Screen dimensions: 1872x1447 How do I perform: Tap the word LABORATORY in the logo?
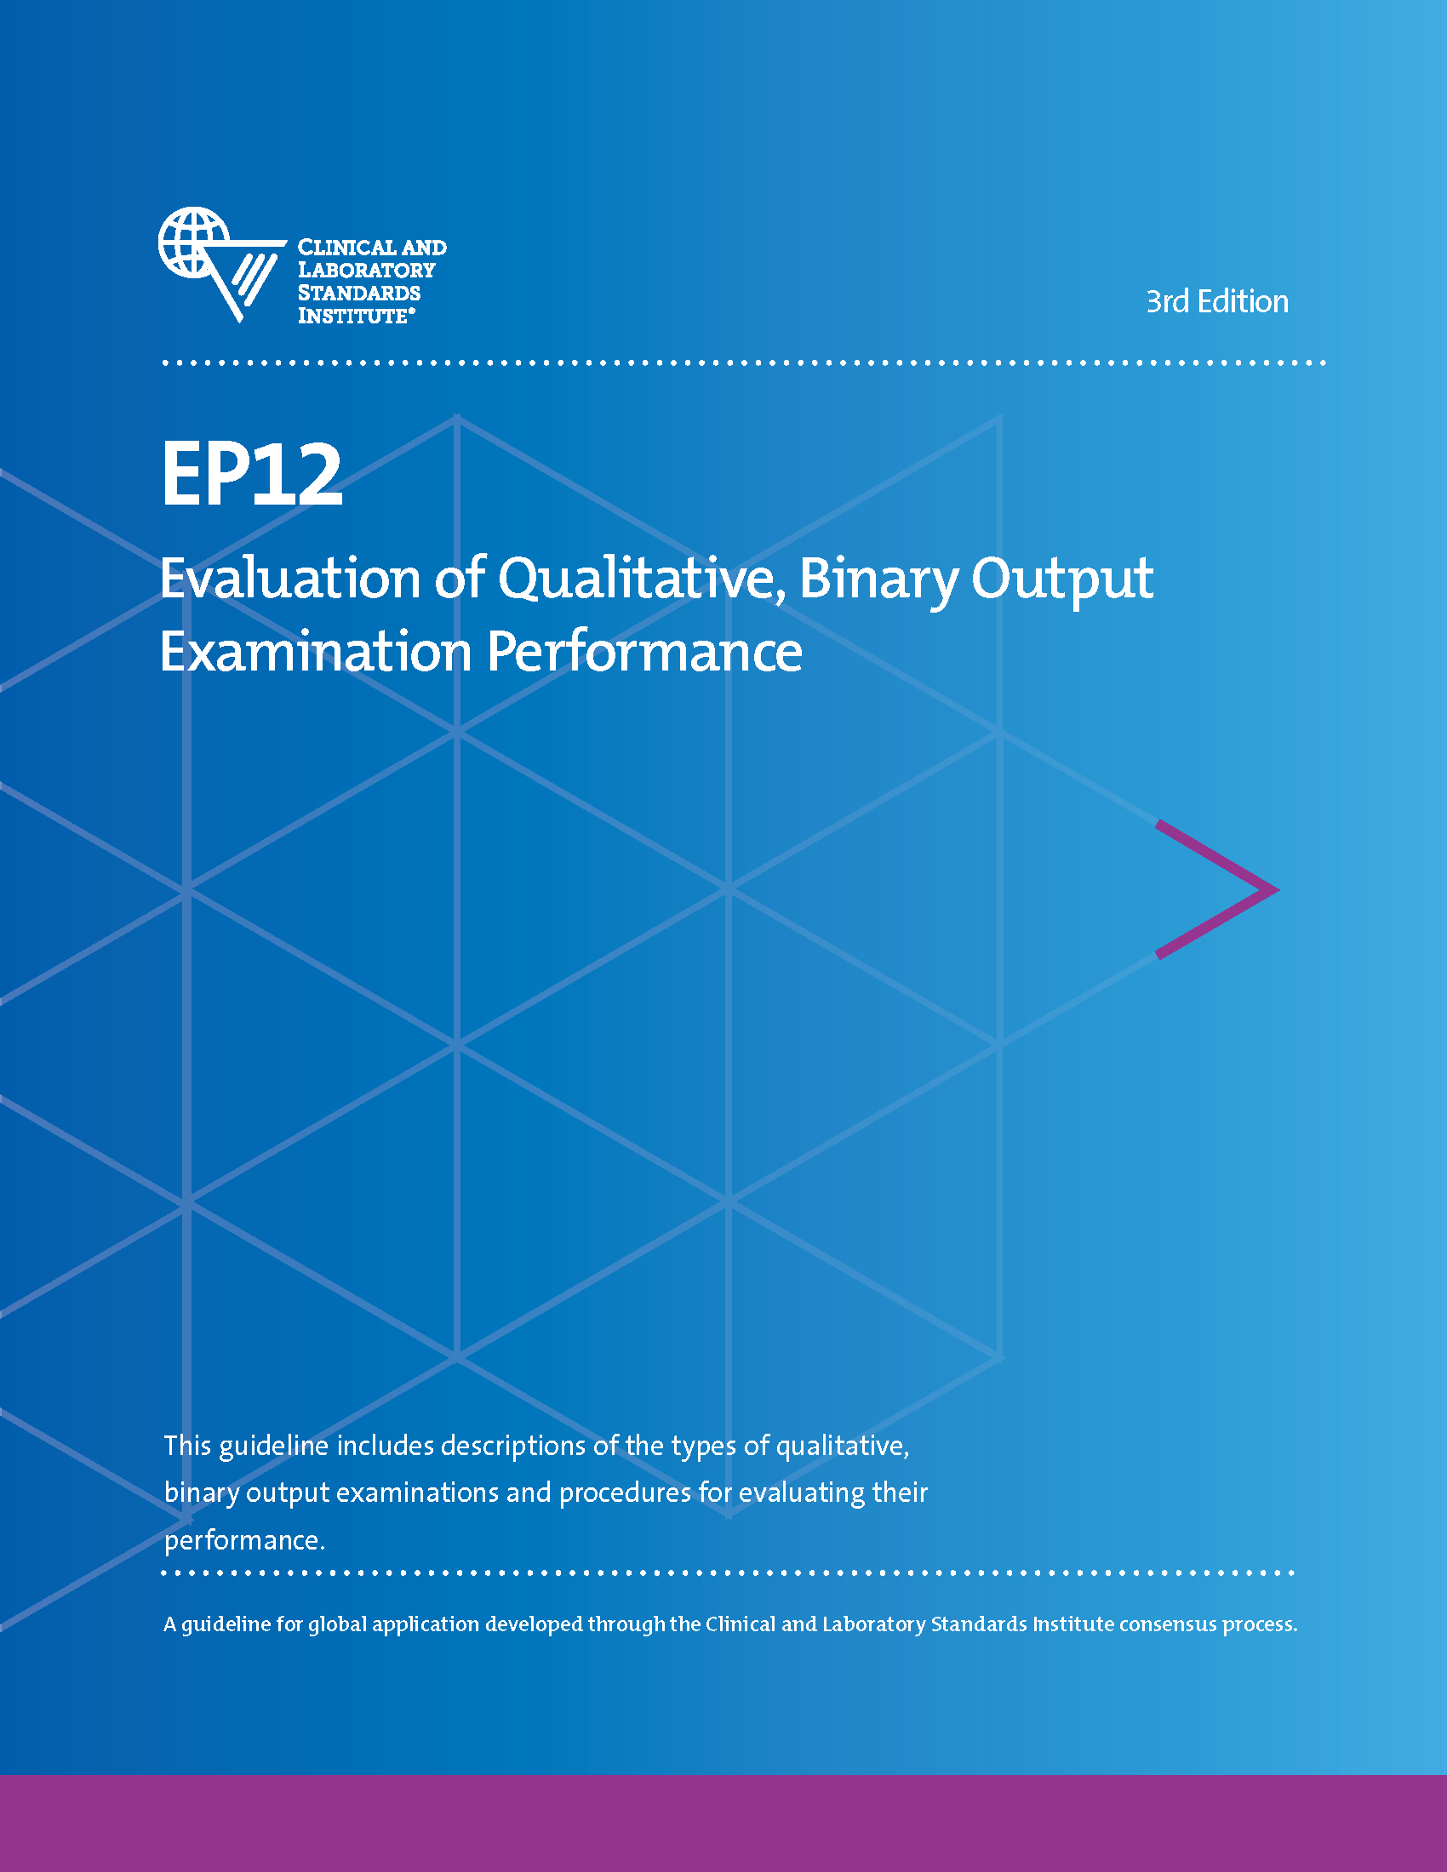click(366, 270)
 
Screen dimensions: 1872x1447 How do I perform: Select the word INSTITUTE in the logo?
click(352, 316)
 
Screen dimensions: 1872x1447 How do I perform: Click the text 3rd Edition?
click(1216, 302)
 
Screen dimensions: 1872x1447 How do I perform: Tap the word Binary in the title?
click(878, 580)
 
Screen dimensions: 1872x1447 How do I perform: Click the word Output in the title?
click(1062, 580)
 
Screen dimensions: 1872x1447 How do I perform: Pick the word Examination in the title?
click(316, 653)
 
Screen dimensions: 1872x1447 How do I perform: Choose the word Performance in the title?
click(644, 653)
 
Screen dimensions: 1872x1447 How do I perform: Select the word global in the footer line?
click(338, 1624)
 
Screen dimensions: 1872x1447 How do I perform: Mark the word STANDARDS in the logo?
click(359, 294)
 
